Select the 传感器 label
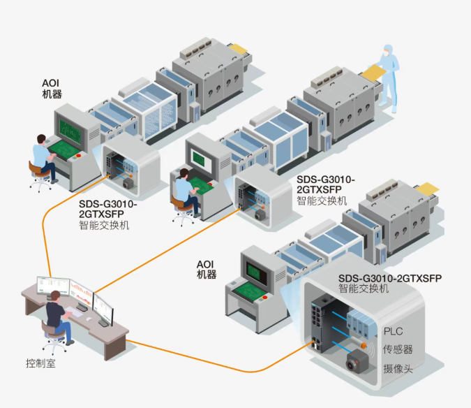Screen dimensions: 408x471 (398, 349)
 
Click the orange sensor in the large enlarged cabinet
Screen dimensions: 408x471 (364, 345)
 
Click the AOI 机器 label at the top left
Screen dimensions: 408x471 (52, 88)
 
